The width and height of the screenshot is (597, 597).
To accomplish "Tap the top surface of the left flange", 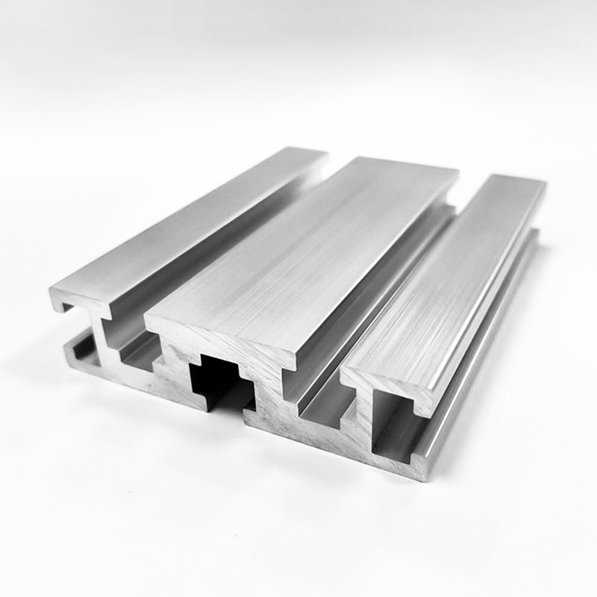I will click(194, 224).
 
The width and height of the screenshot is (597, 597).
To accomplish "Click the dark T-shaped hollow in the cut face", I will click(216, 377).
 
